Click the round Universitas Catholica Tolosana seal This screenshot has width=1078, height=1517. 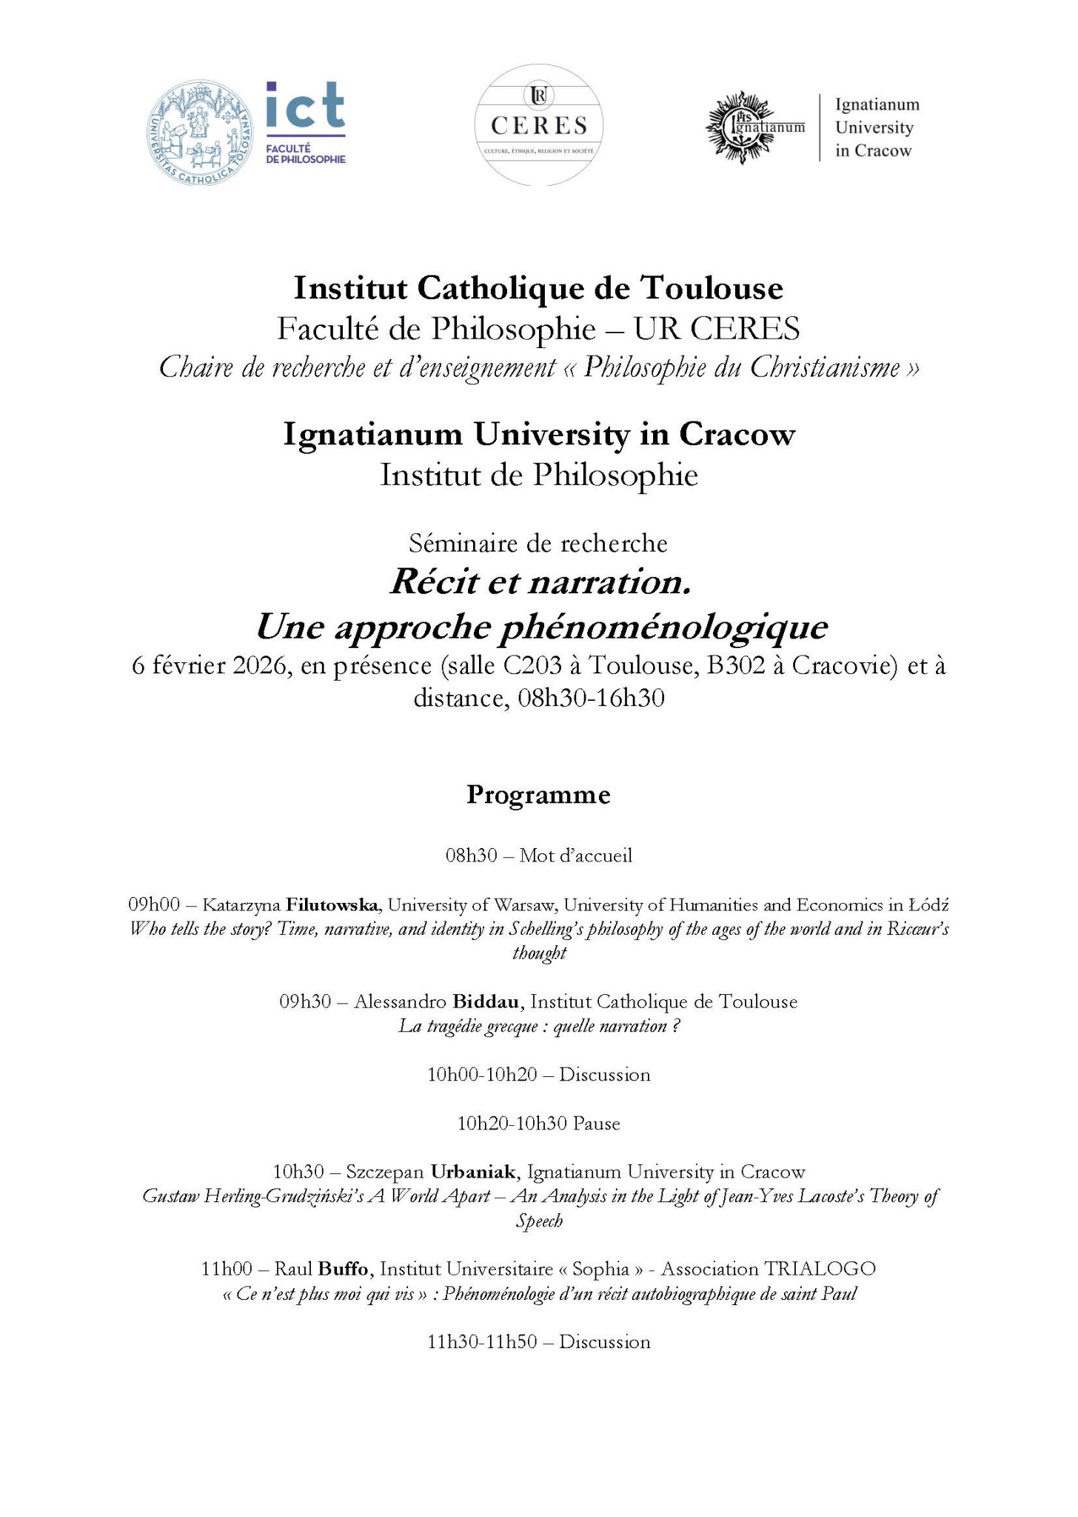pyautogui.click(x=201, y=134)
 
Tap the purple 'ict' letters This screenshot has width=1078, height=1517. pyautogui.click(x=305, y=105)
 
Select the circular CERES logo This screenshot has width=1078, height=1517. pyautogui.click(x=538, y=124)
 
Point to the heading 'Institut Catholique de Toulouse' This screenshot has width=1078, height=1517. pyautogui.click(x=538, y=288)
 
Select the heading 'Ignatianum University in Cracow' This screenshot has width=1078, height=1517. pyautogui.click(x=538, y=435)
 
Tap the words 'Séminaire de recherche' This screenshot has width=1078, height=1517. pyautogui.click(x=538, y=544)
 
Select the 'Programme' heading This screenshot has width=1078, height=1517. pyautogui.click(x=538, y=795)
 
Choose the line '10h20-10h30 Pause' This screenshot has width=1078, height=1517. pyautogui.click(x=538, y=1124)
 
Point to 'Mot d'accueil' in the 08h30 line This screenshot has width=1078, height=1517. pyautogui.click(x=576, y=856)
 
